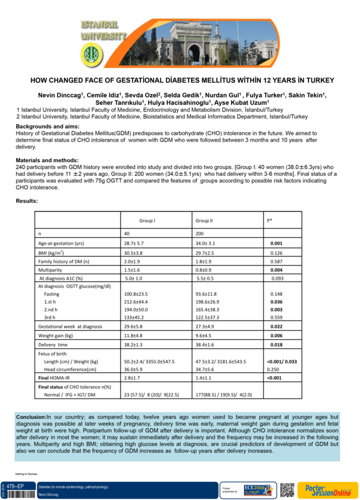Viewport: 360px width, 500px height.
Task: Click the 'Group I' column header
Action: click(148, 220)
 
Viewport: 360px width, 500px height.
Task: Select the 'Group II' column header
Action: click(205, 220)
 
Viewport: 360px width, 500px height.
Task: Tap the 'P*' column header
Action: click(270, 220)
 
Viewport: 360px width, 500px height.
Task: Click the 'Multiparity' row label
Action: click(52, 270)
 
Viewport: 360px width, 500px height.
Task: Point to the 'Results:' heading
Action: click(27, 200)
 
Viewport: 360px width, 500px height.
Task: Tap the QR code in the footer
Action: click(287, 489)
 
